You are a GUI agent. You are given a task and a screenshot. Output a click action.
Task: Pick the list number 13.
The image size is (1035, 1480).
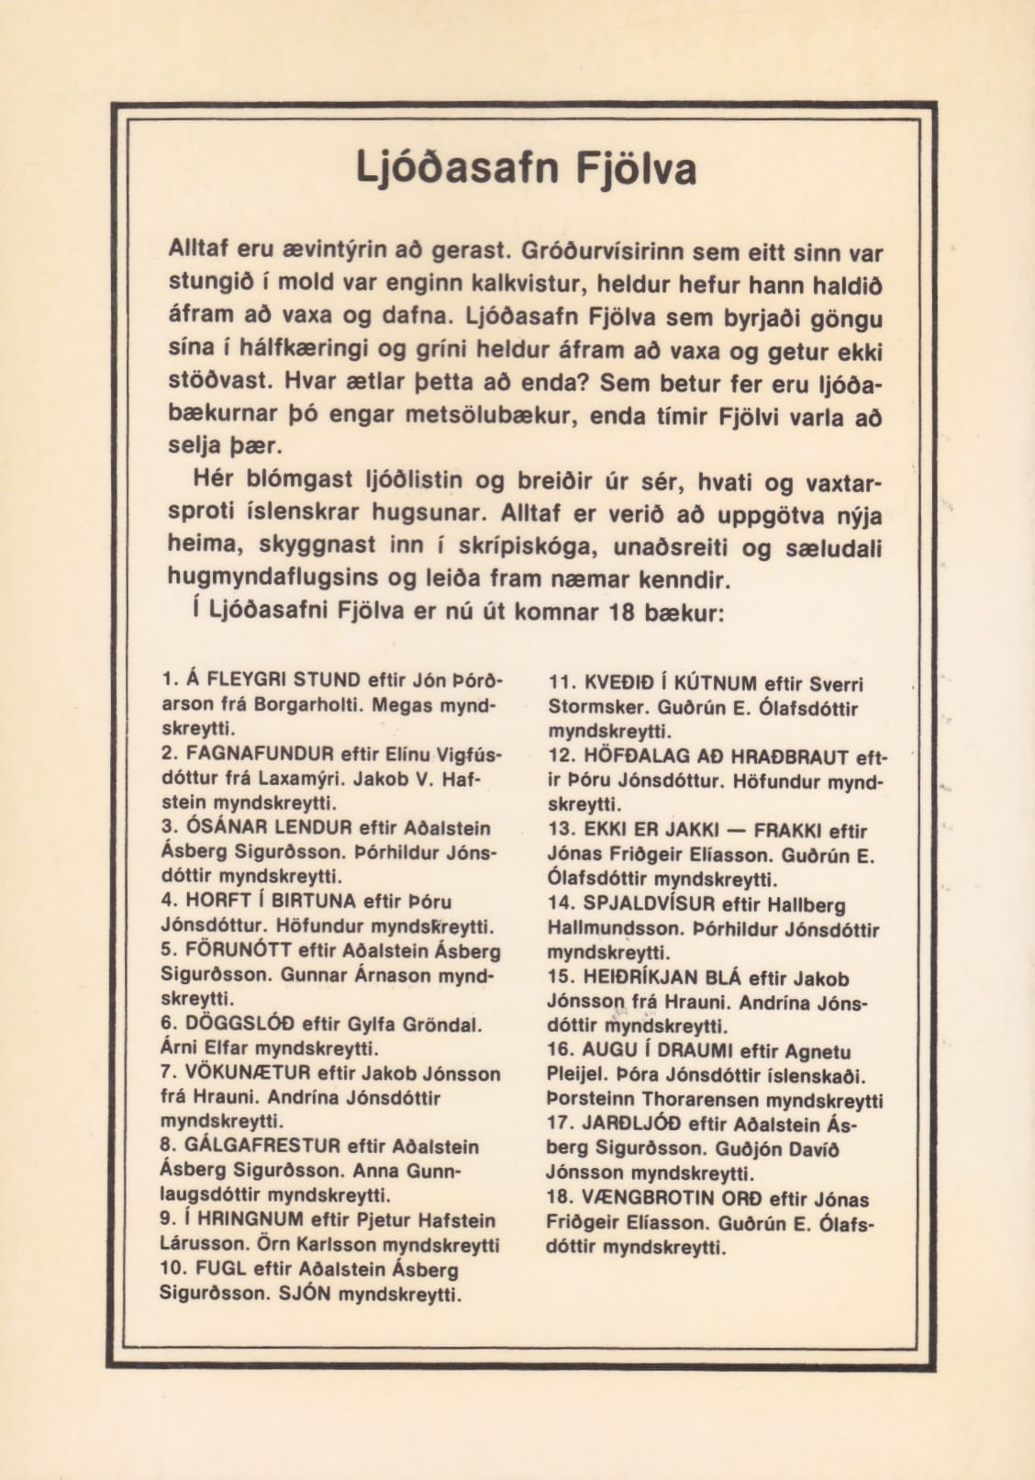click(x=561, y=831)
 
